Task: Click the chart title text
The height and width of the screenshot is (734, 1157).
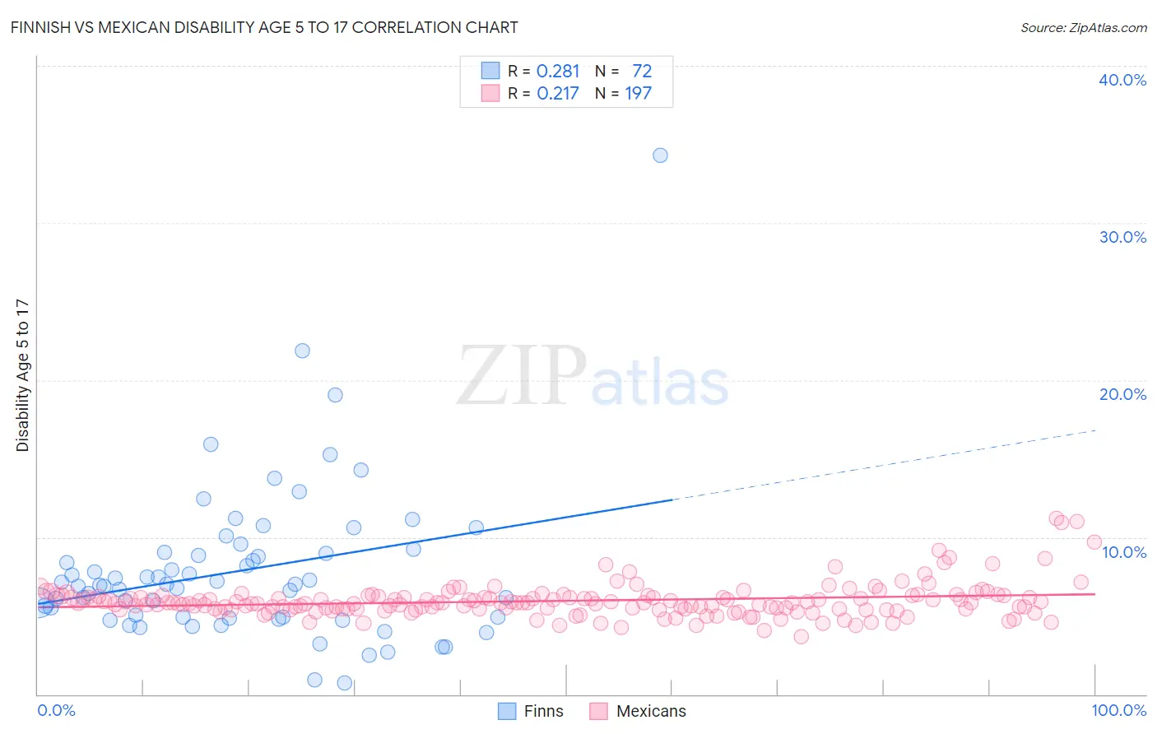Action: pyautogui.click(x=265, y=27)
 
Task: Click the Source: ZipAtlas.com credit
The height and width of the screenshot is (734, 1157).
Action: pyautogui.click(x=1083, y=27)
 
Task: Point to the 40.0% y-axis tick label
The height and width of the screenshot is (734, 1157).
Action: pyautogui.click(x=1122, y=80)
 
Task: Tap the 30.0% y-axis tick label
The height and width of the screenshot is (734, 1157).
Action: pyautogui.click(x=1122, y=237)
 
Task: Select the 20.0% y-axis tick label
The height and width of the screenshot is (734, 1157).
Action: pyautogui.click(x=1122, y=394)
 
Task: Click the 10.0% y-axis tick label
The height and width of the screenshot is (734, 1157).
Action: pyautogui.click(x=1124, y=552)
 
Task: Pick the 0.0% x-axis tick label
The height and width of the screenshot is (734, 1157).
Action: pyautogui.click(x=56, y=710)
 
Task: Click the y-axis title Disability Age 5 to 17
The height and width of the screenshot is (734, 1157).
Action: pyautogui.click(x=22, y=374)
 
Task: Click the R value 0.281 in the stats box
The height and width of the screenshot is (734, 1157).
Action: pyautogui.click(x=558, y=72)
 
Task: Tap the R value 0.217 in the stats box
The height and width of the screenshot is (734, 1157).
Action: pyautogui.click(x=558, y=94)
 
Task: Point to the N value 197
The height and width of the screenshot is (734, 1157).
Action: pyautogui.click(x=638, y=94)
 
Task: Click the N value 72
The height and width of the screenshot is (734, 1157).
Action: pyautogui.click(x=642, y=72)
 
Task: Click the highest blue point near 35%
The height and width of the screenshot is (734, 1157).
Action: pyautogui.click(x=660, y=156)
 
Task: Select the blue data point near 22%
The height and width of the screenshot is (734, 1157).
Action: pyautogui.click(x=302, y=351)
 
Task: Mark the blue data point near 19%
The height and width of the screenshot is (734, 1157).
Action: pyautogui.click(x=335, y=395)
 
